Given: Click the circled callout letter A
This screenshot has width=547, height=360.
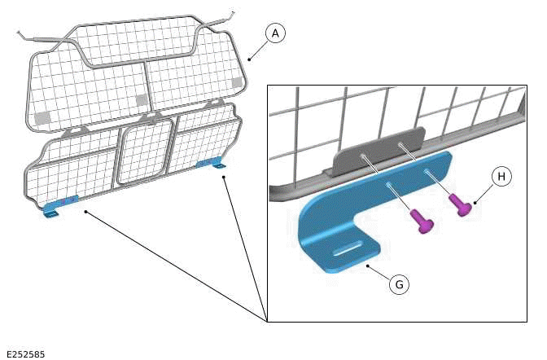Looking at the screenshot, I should (x=276, y=33).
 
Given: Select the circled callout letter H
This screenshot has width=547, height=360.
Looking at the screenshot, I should (x=501, y=177).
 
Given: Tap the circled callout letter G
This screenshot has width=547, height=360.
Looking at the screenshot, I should (x=398, y=284).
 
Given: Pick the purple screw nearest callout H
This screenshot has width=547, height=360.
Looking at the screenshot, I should (x=462, y=207).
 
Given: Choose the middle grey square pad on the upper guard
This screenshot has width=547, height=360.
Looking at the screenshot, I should (x=141, y=100).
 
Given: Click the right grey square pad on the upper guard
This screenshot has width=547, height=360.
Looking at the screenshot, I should (x=236, y=82).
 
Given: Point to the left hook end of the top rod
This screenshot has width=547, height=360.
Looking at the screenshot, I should (x=20, y=33).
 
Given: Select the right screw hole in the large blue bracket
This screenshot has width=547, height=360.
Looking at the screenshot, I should (x=426, y=172).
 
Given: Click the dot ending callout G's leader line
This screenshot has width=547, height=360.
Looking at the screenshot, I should (x=368, y=265).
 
